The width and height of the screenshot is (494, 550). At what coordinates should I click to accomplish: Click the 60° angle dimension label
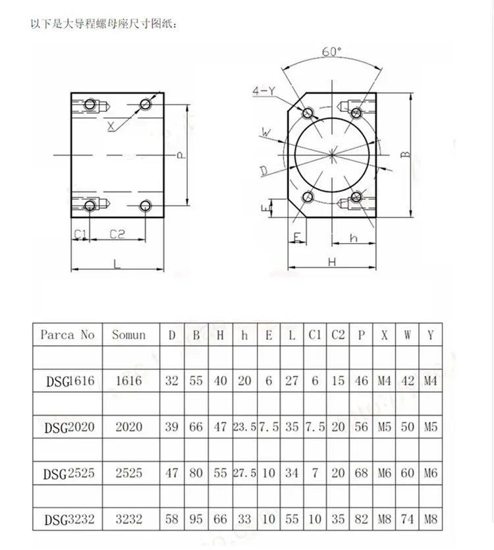[x=331, y=52]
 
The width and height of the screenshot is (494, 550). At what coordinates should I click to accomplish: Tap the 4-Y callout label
[x=264, y=91]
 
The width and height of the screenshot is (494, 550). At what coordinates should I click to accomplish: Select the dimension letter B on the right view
[x=405, y=154]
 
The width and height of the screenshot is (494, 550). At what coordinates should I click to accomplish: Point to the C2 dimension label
[x=117, y=234]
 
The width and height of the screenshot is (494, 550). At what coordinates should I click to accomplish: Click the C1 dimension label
[x=80, y=234]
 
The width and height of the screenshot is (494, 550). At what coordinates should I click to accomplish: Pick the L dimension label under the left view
[x=117, y=263]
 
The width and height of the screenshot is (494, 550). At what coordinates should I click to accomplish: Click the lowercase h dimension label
[x=354, y=238]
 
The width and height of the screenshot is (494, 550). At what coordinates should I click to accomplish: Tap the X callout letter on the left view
[x=111, y=126]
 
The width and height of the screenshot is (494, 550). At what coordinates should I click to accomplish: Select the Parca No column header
[x=67, y=335]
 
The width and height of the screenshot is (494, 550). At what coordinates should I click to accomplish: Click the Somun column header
[x=128, y=335]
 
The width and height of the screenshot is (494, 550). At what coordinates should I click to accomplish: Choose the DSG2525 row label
[x=69, y=473]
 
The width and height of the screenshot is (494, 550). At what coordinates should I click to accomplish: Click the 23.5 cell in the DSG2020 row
[x=244, y=427]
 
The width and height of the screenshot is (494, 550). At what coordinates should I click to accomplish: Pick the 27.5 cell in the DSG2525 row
[x=244, y=473]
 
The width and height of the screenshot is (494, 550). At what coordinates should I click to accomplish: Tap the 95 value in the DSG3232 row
[x=196, y=519]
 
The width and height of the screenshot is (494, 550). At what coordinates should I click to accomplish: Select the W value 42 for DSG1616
[x=407, y=381]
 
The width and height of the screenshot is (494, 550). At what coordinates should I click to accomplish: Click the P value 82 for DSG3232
[x=361, y=519]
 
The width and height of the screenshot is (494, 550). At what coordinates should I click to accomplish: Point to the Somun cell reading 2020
[x=128, y=427]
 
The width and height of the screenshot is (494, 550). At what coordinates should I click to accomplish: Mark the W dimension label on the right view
[x=266, y=132]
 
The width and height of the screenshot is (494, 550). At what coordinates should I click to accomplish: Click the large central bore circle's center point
[x=332, y=155]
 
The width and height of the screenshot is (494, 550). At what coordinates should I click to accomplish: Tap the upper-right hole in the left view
[x=146, y=104]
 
